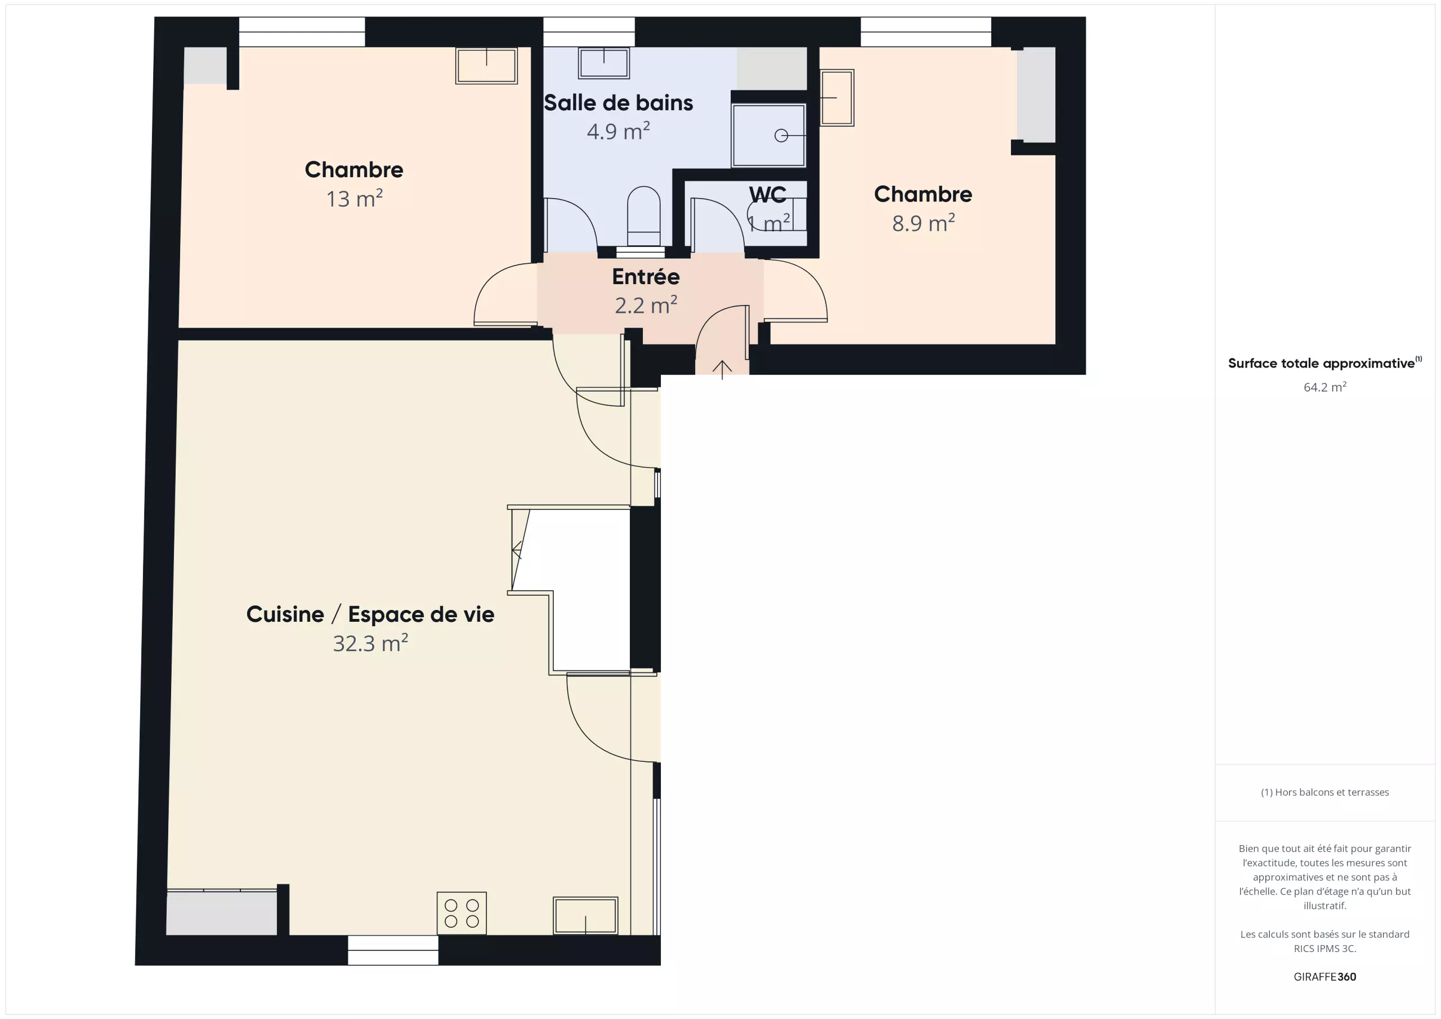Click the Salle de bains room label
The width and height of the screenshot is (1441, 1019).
[x=618, y=103]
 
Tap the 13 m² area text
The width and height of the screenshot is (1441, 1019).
[x=354, y=198]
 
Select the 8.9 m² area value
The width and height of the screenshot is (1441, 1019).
[x=923, y=223]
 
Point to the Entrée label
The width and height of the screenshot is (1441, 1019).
[x=646, y=276]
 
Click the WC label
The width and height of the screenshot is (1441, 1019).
[x=768, y=195]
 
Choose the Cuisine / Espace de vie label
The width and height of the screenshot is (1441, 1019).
[x=370, y=614]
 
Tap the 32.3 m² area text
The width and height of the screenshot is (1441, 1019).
[x=370, y=643]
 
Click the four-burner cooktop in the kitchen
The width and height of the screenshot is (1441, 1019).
[x=462, y=913]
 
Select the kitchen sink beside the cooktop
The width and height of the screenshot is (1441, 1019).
[x=585, y=915]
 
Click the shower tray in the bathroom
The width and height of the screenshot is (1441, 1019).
[x=768, y=136]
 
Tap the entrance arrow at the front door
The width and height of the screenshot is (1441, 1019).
[x=722, y=370]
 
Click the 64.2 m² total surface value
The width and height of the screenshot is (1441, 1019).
[x=1325, y=387]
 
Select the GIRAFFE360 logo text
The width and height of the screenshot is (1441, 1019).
[x=1325, y=977]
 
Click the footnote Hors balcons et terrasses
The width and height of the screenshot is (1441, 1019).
[x=1325, y=792]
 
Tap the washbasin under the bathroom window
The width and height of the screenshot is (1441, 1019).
[x=604, y=63]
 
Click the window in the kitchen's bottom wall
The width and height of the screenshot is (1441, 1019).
[x=393, y=950]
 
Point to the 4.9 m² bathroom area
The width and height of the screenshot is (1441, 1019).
[x=618, y=131]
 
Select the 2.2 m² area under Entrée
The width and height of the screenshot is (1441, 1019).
[x=646, y=305]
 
